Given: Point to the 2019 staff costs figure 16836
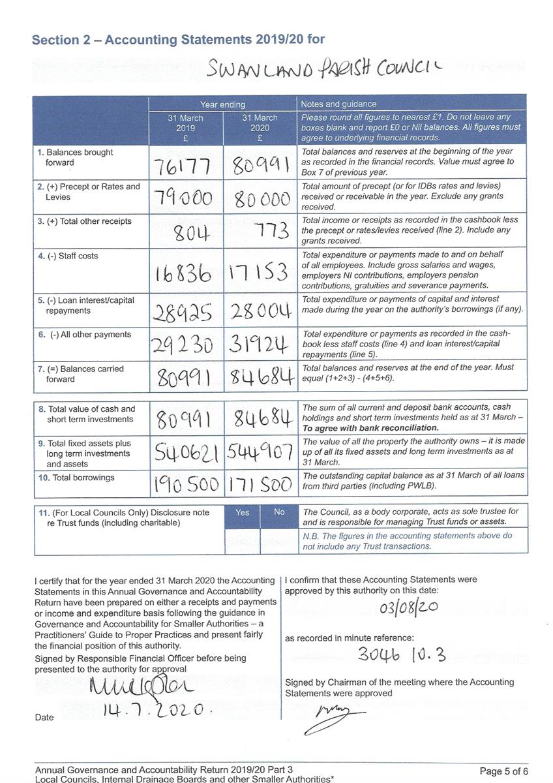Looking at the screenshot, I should (x=183, y=273).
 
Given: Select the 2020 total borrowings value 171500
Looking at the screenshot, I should (x=261, y=485).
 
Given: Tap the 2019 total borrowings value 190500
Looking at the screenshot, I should (x=187, y=485).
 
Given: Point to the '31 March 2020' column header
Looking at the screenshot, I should (x=260, y=128).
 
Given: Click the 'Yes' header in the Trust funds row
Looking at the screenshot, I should (x=242, y=512).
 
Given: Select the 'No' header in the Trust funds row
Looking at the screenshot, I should (x=279, y=512).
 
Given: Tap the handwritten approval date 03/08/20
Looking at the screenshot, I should (x=409, y=609).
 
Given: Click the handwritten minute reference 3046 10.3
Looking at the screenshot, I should (x=402, y=654).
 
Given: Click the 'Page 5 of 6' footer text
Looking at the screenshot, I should (x=503, y=771).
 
